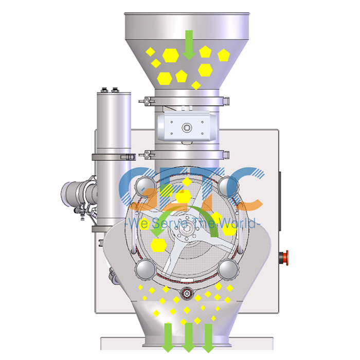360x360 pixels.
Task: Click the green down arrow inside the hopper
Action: pyautogui.click(x=189, y=43)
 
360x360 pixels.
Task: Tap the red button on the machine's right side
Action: pyautogui.click(x=282, y=256)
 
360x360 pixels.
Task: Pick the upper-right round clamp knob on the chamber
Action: pyautogui.click(x=228, y=187)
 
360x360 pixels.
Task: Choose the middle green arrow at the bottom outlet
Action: pyautogui.click(x=188, y=336)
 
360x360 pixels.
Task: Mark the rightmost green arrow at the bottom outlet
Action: pyautogui.click(x=208, y=336)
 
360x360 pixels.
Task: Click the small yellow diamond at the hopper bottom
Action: pyautogui.click(x=196, y=84)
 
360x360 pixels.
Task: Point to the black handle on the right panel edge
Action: pyautogui.click(x=280, y=185)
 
